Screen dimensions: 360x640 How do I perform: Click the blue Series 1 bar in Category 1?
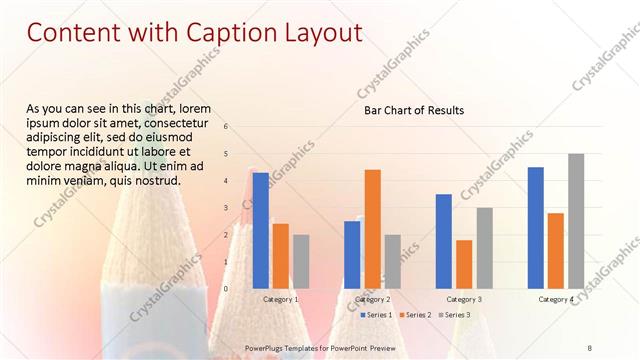(261, 230)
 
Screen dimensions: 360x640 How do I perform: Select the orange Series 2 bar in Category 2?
(372, 228)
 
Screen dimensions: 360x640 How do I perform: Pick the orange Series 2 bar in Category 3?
(464, 263)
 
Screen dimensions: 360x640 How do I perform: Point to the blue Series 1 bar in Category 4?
(536, 227)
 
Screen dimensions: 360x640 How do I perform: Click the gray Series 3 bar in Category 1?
(301, 261)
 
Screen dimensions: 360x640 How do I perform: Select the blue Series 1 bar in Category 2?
(352, 254)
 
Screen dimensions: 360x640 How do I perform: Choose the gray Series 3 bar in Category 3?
(484, 247)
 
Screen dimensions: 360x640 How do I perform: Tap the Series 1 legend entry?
(377, 315)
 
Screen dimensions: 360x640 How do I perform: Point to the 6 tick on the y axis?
(226, 127)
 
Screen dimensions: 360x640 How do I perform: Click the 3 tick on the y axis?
(226, 208)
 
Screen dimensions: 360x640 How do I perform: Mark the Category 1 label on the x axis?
(280, 299)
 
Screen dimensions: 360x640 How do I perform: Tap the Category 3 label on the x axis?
(464, 299)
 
